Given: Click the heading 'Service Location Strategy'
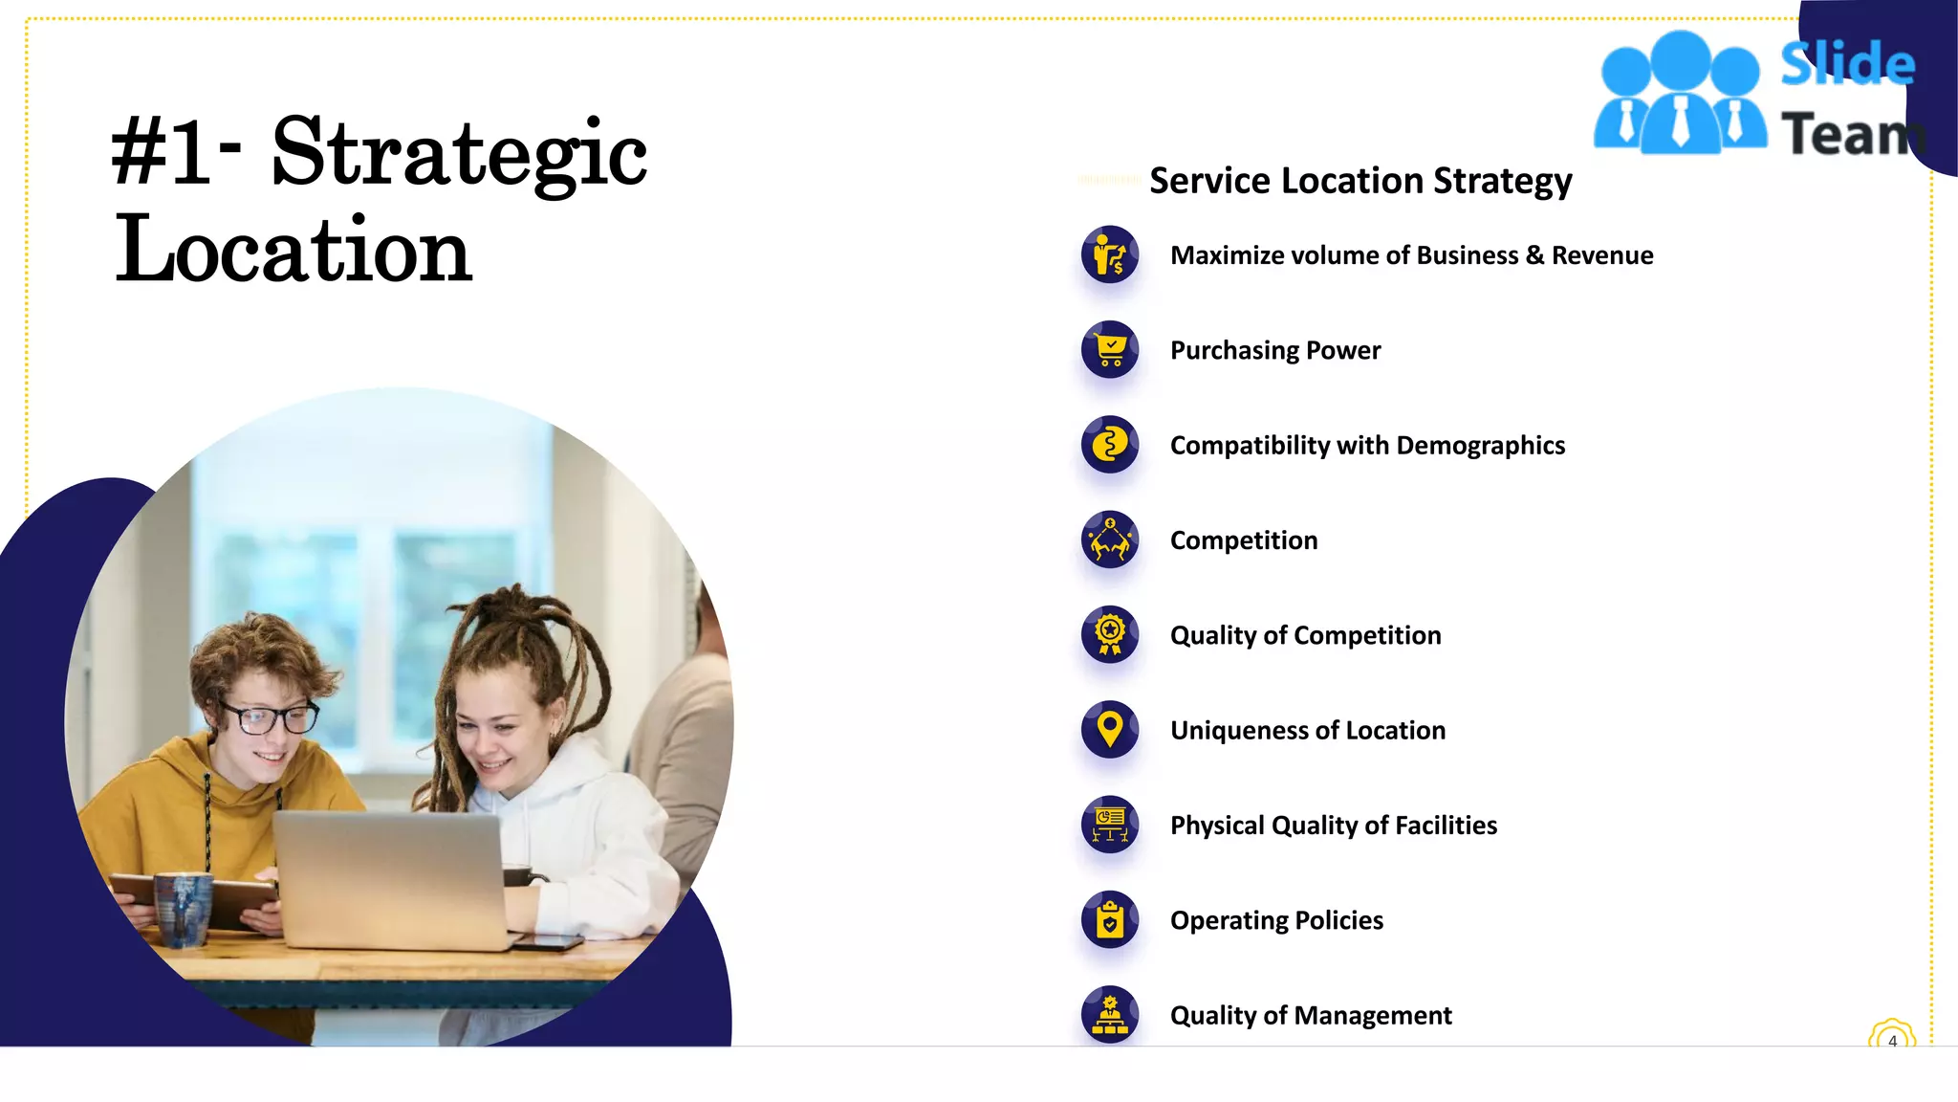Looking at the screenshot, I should point(1360,181).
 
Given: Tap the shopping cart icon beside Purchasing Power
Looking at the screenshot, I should point(1110,349).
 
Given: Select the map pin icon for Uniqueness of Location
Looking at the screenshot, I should point(1110,729).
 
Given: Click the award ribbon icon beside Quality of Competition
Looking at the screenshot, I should point(1110,634).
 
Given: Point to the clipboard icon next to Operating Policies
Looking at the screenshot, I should point(1110,919).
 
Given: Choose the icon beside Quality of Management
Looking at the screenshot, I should point(1110,1014).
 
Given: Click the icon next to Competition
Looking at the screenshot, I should point(1110,540).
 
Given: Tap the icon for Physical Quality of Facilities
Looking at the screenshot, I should point(1110,825).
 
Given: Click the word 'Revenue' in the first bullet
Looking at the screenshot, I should point(1602,255).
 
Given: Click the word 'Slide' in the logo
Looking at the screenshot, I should point(1847,64).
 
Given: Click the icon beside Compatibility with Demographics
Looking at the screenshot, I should point(1110,445).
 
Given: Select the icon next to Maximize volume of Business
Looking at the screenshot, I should point(1110,254).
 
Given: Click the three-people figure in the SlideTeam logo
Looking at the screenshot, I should point(1680,94).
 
